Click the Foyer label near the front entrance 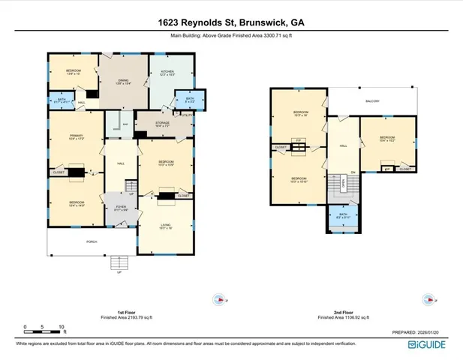click(x=119, y=209)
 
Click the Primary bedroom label click(x=75, y=137)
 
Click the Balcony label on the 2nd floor click(x=372, y=101)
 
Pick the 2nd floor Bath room click(x=343, y=218)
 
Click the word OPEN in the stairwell click(x=343, y=182)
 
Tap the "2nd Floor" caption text click(x=344, y=313)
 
